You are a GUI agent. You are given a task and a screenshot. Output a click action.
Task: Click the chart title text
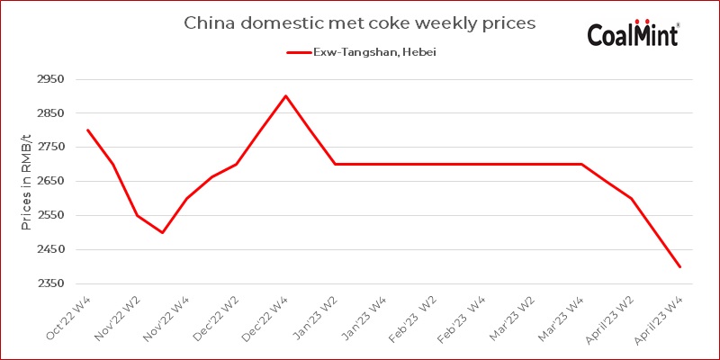tap(359, 22)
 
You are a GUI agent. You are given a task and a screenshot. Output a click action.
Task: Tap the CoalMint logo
tap(633, 33)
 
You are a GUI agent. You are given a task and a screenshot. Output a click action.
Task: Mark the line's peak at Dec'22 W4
tap(286, 95)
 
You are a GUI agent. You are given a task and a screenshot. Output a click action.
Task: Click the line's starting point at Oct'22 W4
tap(87, 130)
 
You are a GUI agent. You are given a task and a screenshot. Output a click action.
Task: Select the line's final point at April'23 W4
tap(680, 266)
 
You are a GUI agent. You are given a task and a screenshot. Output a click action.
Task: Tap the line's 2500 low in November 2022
tap(162, 232)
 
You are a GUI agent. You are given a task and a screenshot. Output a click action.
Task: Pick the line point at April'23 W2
tap(631, 198)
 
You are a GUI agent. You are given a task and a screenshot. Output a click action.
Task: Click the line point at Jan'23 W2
tap(335, 164)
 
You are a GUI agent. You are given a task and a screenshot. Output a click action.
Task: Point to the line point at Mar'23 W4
tap(581, 164)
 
